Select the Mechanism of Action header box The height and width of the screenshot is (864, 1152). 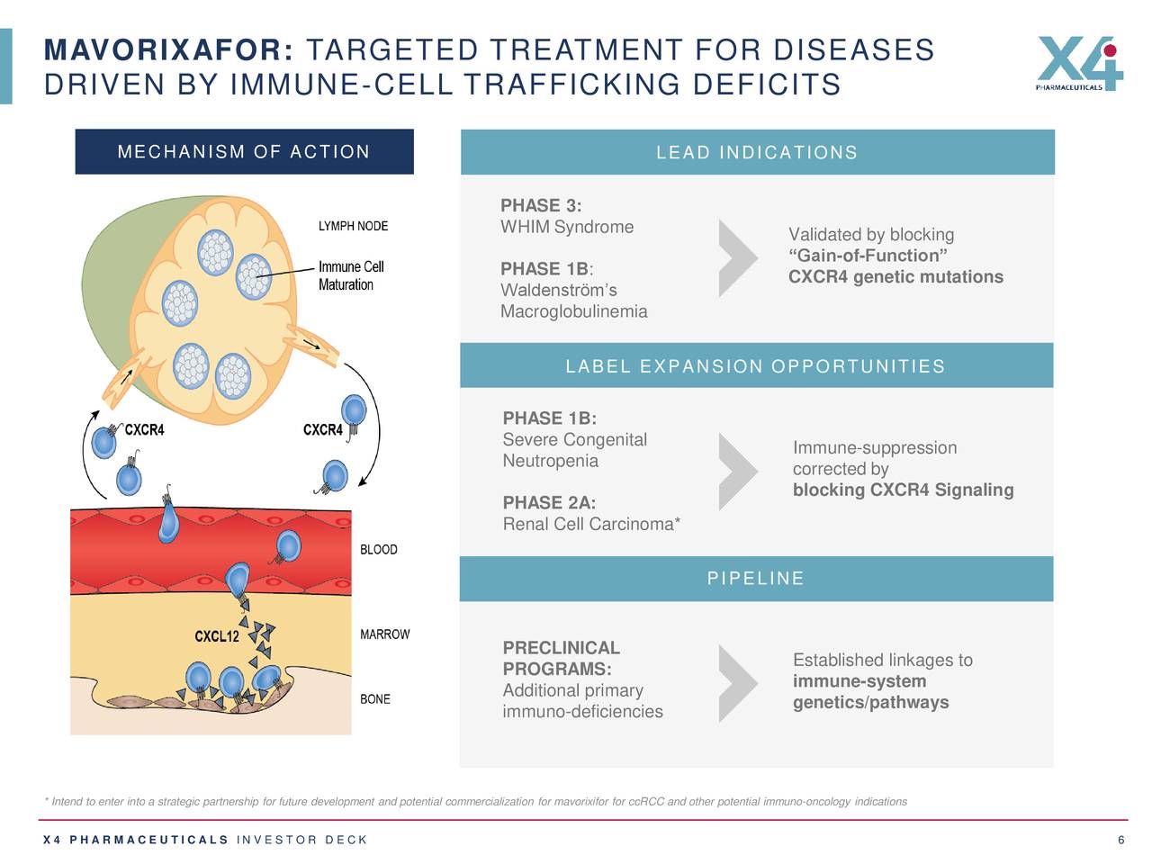244,151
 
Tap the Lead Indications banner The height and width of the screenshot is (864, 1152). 757,152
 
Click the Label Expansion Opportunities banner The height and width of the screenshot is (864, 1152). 756,365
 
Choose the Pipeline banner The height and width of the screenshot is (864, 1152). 756,578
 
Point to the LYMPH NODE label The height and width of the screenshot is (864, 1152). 353,226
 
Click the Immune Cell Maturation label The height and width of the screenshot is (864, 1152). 350,275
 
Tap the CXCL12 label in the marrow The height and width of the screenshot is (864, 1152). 217,636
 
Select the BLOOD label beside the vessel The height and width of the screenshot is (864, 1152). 378,549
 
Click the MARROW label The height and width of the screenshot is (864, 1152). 384,634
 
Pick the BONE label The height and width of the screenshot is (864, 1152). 374,699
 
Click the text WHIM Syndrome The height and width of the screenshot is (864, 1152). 567,227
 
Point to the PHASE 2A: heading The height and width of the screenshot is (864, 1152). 549,502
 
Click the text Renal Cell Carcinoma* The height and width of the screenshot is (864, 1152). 591,524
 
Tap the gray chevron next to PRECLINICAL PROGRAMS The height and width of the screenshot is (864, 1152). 738,684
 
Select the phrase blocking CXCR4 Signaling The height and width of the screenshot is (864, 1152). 903,490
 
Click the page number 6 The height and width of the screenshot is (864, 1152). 1120,840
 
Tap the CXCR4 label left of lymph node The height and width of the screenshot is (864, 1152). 144,430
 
